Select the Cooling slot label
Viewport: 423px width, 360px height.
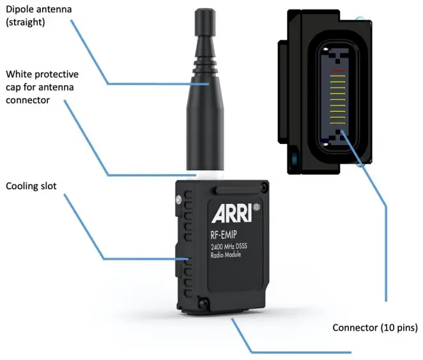[31, 187]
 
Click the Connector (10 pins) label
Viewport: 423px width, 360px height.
[375, 327]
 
